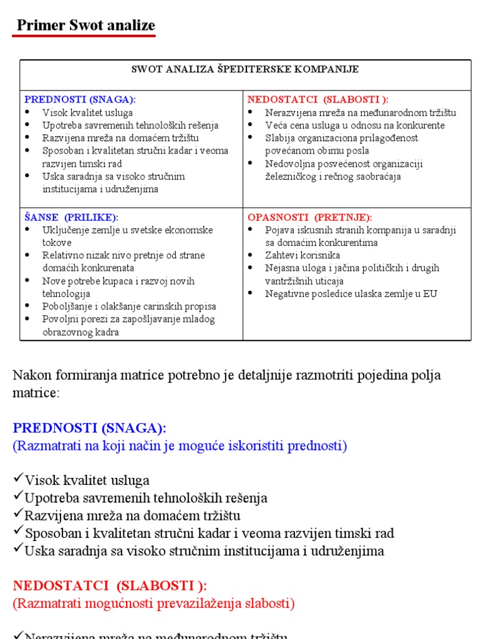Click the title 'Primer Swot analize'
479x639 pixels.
coord(85,26)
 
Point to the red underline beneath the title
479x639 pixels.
coord(84,36)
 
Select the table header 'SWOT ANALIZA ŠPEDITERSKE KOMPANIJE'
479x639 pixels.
coord(244,69)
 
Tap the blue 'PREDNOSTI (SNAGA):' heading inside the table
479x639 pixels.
coord(80,99)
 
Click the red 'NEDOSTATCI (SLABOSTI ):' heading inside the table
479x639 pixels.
coord(317,99)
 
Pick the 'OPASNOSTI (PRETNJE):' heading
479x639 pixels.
coord(309,217)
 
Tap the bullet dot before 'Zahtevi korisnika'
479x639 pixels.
coord(251,255)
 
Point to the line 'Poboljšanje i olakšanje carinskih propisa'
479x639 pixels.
coord(129,306)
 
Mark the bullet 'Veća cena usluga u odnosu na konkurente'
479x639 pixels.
coord(355,125)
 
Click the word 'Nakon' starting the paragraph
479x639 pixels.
coord(29,376)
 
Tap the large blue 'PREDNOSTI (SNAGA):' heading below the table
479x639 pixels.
coord(90,428)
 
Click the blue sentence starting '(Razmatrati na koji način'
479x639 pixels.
coord(180,446)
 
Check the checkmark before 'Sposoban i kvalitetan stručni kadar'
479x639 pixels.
coord(17,532)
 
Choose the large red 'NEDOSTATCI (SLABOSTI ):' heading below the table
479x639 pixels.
coord(110,586)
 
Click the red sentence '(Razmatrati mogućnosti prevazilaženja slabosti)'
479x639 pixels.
coord(153,603)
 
